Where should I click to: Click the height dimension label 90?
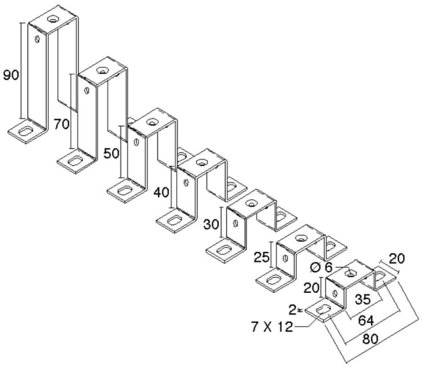click(x=11, y=75)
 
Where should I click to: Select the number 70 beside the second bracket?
click(x=61, y=124)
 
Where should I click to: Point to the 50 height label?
click(x=112, y=154)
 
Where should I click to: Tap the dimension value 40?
click(x=161, y=193)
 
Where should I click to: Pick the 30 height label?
click(x=211, y=225)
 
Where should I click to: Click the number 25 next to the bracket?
click(x=262, y=257)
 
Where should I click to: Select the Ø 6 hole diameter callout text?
click(x=321, y=267)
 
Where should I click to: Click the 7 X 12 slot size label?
click(x=272, y=327)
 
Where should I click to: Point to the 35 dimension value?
click(x=363, y=300)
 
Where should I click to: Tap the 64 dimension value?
click(x=366, y=320)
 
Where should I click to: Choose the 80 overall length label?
click(x=370, y=339)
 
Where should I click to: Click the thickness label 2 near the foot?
click(x=293, y=309)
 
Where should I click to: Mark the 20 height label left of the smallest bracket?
click(x=311, y=288)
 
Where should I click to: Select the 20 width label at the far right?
click(x=396, y=259)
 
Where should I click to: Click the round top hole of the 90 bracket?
click(x=53, y=19)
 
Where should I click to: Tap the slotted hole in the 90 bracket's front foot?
click(x=26, y=131)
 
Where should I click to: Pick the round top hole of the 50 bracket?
click(x=152, y=122)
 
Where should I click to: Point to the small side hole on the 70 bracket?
click(x=87, y=90)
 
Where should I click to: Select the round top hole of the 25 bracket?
click(x=301, y=239)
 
